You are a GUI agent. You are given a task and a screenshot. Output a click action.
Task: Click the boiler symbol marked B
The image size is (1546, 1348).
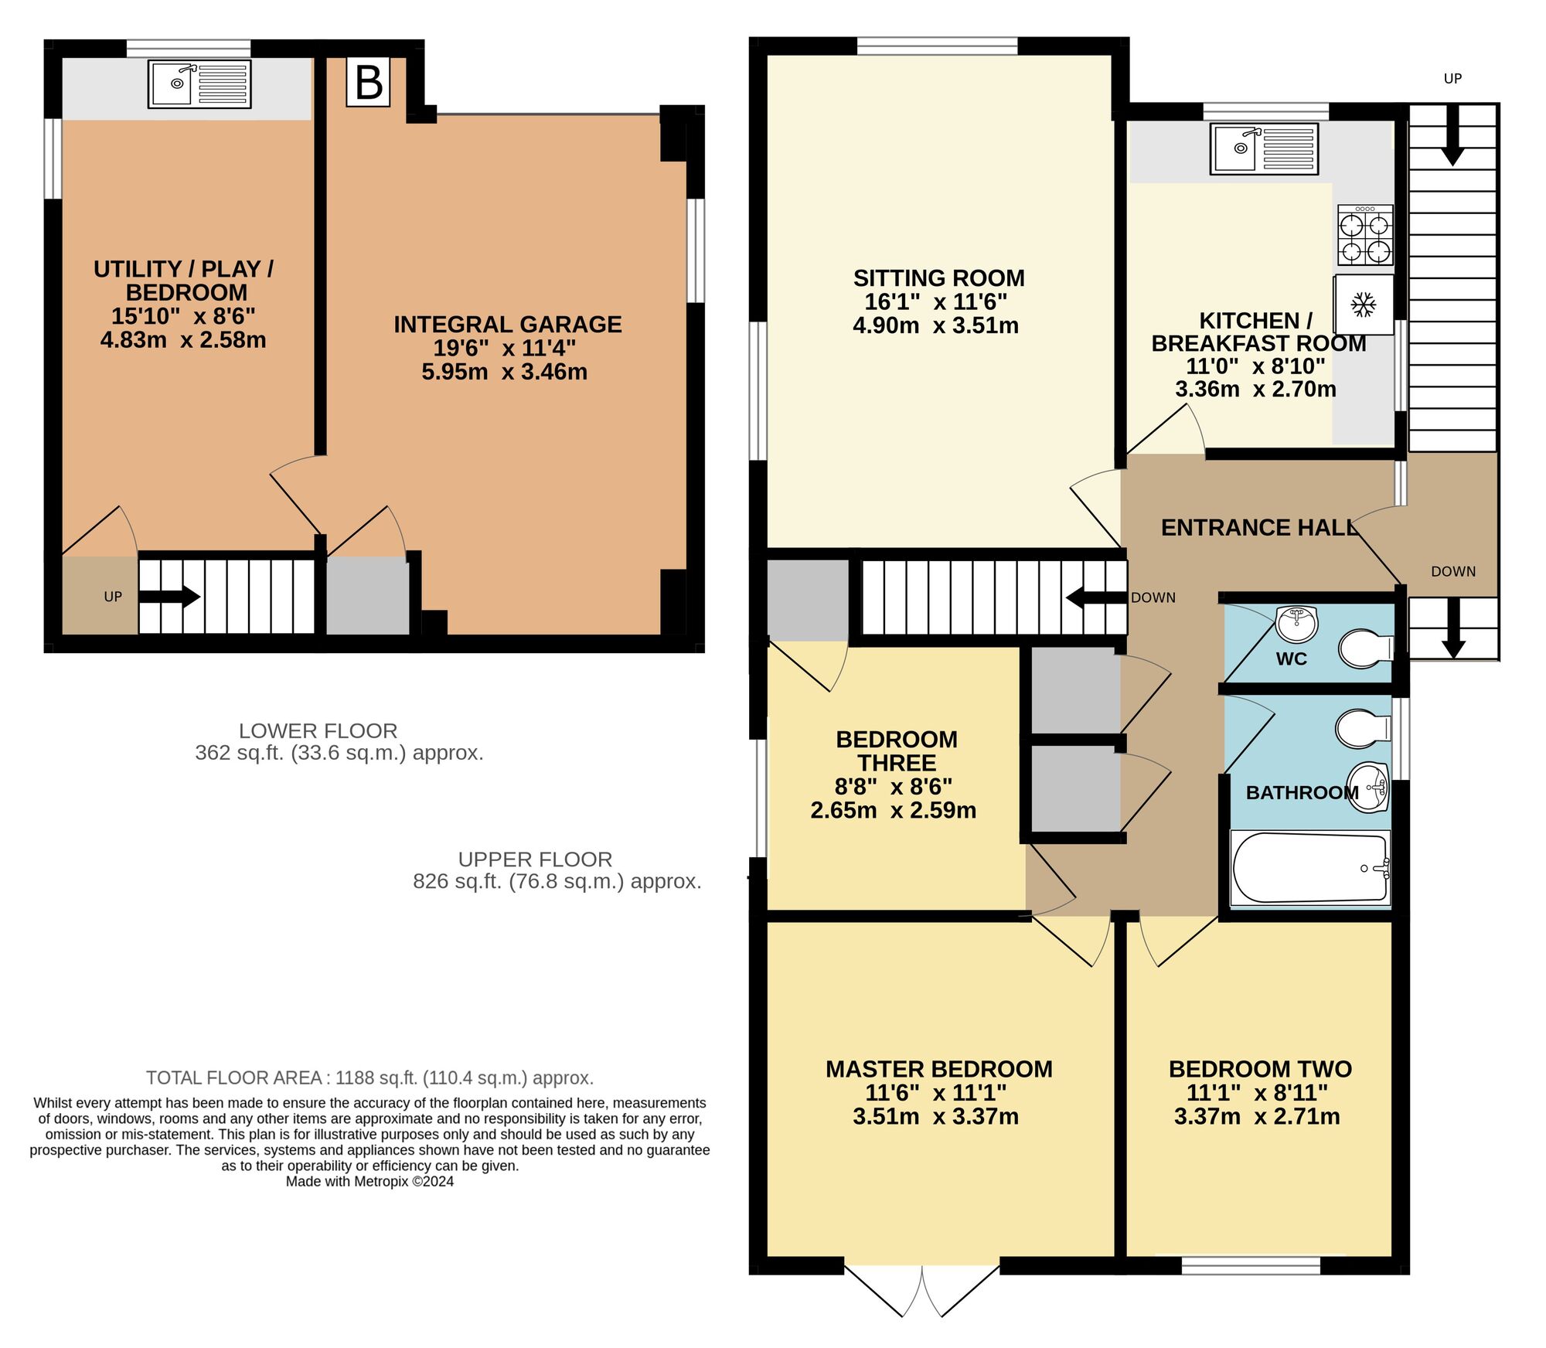coord(368,82)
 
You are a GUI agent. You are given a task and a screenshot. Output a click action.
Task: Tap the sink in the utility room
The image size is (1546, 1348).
coord(199,83)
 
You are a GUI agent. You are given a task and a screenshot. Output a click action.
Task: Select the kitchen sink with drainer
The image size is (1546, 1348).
coord(1264,148)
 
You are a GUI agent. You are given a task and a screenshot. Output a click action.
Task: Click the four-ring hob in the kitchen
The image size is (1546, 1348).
coord(1365,236)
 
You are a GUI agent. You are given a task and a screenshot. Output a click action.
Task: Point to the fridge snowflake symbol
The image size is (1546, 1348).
coord(1363,305)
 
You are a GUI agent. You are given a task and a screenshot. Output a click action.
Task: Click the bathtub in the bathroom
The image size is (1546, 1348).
coord(1310,867)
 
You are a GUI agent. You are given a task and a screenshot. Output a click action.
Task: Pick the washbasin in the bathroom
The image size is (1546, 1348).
coord(1369,788)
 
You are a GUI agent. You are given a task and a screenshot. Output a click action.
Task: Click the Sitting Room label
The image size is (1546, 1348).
coord(938,278)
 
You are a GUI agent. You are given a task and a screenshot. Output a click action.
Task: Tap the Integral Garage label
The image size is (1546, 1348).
coord(507,325)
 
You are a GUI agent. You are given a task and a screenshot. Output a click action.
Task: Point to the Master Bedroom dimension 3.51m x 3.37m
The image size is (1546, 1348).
coord(935,1117)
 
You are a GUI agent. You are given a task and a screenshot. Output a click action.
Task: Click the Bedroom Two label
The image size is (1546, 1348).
coord(1260,1069)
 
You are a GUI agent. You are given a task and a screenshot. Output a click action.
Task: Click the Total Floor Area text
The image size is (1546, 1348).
coord(369,1077)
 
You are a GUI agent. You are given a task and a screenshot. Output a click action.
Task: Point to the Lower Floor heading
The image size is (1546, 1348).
coord(318,730)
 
